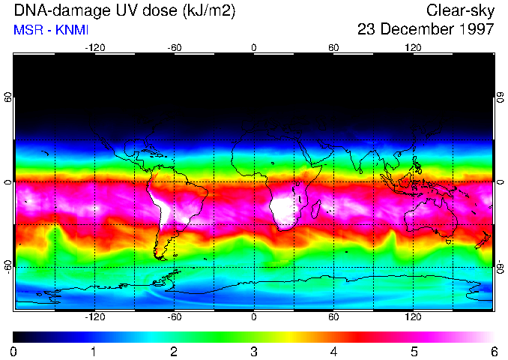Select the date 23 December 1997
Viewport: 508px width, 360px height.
(426, 30)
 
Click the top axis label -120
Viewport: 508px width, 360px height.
(94, 47)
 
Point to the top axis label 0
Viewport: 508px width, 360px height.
(254, 47)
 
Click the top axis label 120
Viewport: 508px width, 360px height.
(413, 47)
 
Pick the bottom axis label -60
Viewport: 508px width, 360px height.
(175, 317)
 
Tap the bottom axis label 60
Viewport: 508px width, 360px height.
(333, 317)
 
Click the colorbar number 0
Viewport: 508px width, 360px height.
(13, 351)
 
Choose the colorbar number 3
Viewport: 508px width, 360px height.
(254, 351)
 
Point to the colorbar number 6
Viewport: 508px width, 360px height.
(494, 351)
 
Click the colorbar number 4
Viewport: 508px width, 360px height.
(333, 351)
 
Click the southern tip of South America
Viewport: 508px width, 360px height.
(159, 256)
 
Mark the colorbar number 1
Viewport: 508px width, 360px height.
(94, 351)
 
